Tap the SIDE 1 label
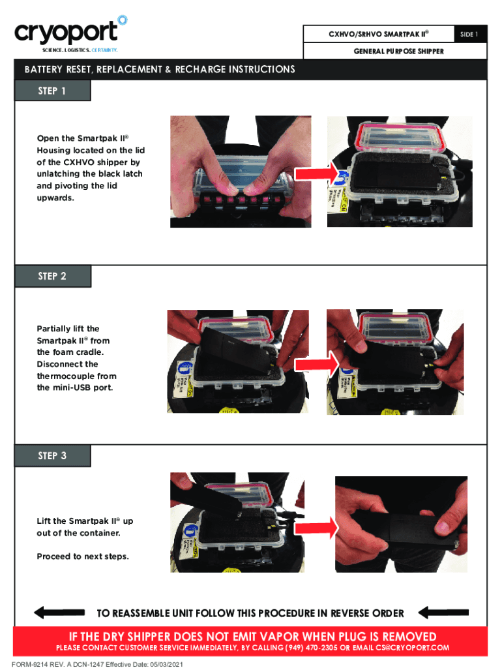[x=469, y=34]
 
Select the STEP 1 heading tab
[x=52, y=91]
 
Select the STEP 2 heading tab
[x=52, y=276]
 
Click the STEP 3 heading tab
[x=52, y=455]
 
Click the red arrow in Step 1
[x=316, y=174]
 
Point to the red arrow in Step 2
[x=316, y=364]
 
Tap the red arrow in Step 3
[x=316, y=528]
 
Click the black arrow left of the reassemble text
[x=59, y=613]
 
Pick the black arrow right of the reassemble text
[x=443, y=613]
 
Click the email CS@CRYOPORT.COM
[x=412, y=648]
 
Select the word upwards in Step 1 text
[x=55, y=198]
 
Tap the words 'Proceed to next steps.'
[x=83, y=556]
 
